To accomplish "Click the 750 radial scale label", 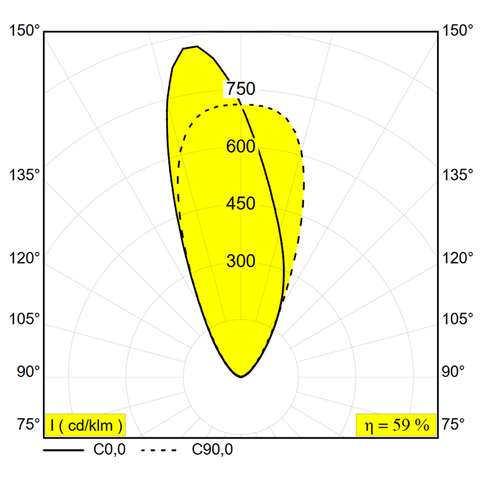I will tap(241, 89).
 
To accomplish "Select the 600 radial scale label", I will tap(241, 146).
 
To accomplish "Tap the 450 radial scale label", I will tap(241, 204).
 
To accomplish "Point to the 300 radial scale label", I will tap(241, 262).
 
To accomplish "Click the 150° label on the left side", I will tap(25, 31).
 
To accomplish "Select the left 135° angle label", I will tap(25, 175).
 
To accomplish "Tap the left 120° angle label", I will tap(25, 259).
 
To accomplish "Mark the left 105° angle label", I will tap(25, 319).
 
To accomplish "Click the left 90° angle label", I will tap(28, 371).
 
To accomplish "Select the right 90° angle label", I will tap(454, 371).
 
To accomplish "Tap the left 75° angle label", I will tap(28, 425).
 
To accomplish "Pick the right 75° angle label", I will tap(454, 425).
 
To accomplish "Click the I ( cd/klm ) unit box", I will tap(85, 425).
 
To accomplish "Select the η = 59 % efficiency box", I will tap(394, 425).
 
